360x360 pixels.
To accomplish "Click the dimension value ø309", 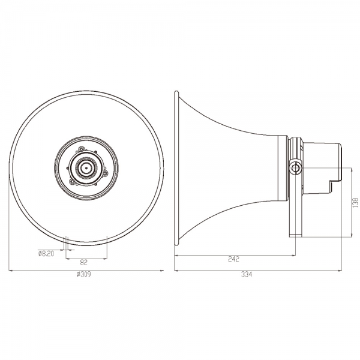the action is click(x=84, y=274).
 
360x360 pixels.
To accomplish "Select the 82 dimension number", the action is click(x=84, y=262).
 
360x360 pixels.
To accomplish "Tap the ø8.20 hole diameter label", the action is click(x=46, y=253).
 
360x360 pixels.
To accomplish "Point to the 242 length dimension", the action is click(x=234, y=259).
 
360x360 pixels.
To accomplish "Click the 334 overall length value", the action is click(x=247, y=274).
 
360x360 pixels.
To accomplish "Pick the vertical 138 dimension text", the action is click(x=355, y=203).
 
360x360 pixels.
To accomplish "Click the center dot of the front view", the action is click(x=86, y=168).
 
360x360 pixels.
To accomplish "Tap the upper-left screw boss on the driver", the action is click(x=81, y=149).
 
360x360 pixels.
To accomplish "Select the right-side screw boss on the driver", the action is click(x=105, y=173).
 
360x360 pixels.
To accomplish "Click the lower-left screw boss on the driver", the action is click(x=73, y=182).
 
